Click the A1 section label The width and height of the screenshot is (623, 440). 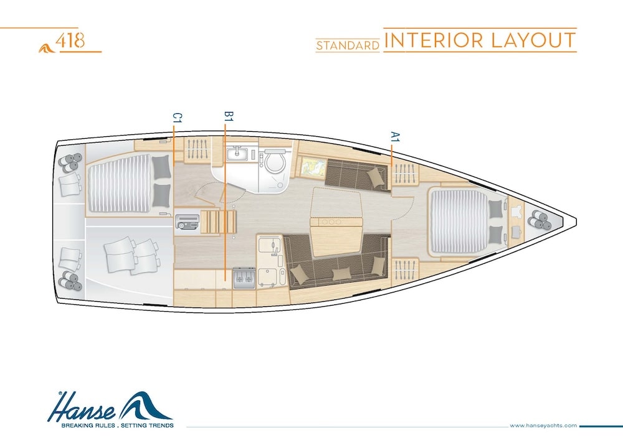394,137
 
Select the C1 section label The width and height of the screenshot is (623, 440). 177,118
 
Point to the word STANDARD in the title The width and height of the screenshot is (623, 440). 348,45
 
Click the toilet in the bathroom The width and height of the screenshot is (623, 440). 274,162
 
